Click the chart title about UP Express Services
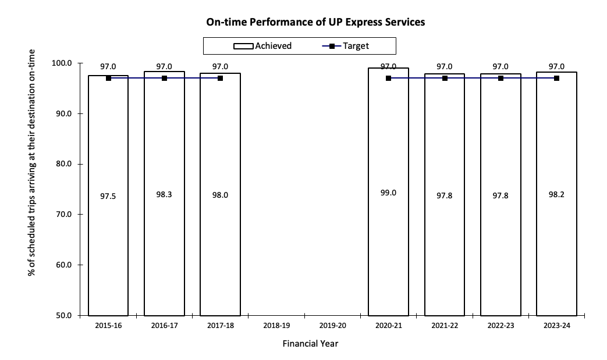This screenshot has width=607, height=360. pos(315,23)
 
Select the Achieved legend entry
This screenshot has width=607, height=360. pos(262,46)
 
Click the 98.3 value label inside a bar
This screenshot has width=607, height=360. pos(164,195)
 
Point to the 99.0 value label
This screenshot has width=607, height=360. pos(388,193)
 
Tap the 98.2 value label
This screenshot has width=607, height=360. pos(556,194)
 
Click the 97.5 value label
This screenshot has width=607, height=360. pos(108,197)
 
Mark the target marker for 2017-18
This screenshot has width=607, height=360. pos(220,78)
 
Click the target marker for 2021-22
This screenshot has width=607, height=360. pos(445,78)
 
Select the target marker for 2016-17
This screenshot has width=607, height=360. pos(164,78)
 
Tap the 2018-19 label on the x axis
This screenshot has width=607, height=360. pos(276,326)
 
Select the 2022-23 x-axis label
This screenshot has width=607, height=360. pos(500,326)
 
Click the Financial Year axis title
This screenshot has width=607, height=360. pos(310,344)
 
